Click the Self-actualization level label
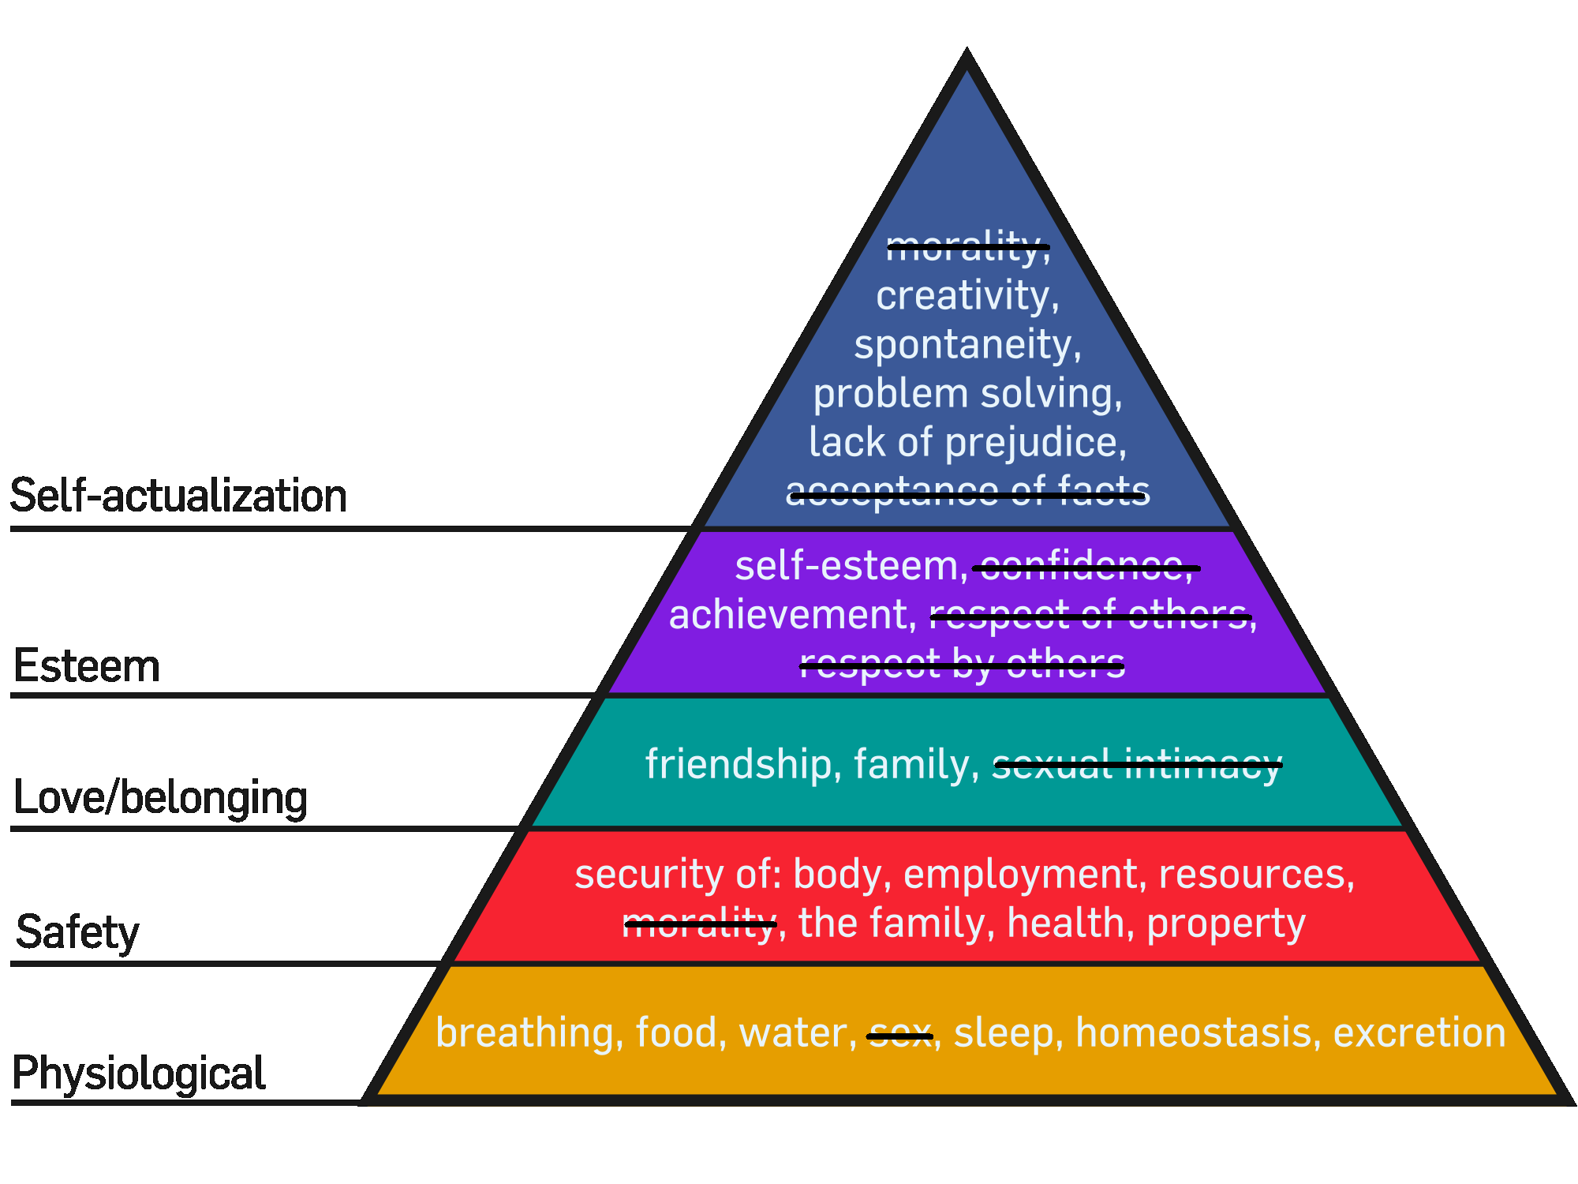click(x=178, y=496)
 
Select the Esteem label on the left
click(x=87, y=665)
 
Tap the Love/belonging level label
click(x=160, y=797)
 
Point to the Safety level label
click(x=77, y=932)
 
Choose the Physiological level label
click(x=139, y=1073)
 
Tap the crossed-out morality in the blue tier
click(x=967, y=247)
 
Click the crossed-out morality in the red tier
click(x=700, y=924)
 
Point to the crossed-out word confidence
click(x=1085, y=566)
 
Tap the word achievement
click(x=791, y=615)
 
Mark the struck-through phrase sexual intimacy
click(x=1136, y=764)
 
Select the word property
click(x=1225, y=924)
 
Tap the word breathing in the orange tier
click(x=525, y=1033)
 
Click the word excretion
click(x=1419, y=1033)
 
